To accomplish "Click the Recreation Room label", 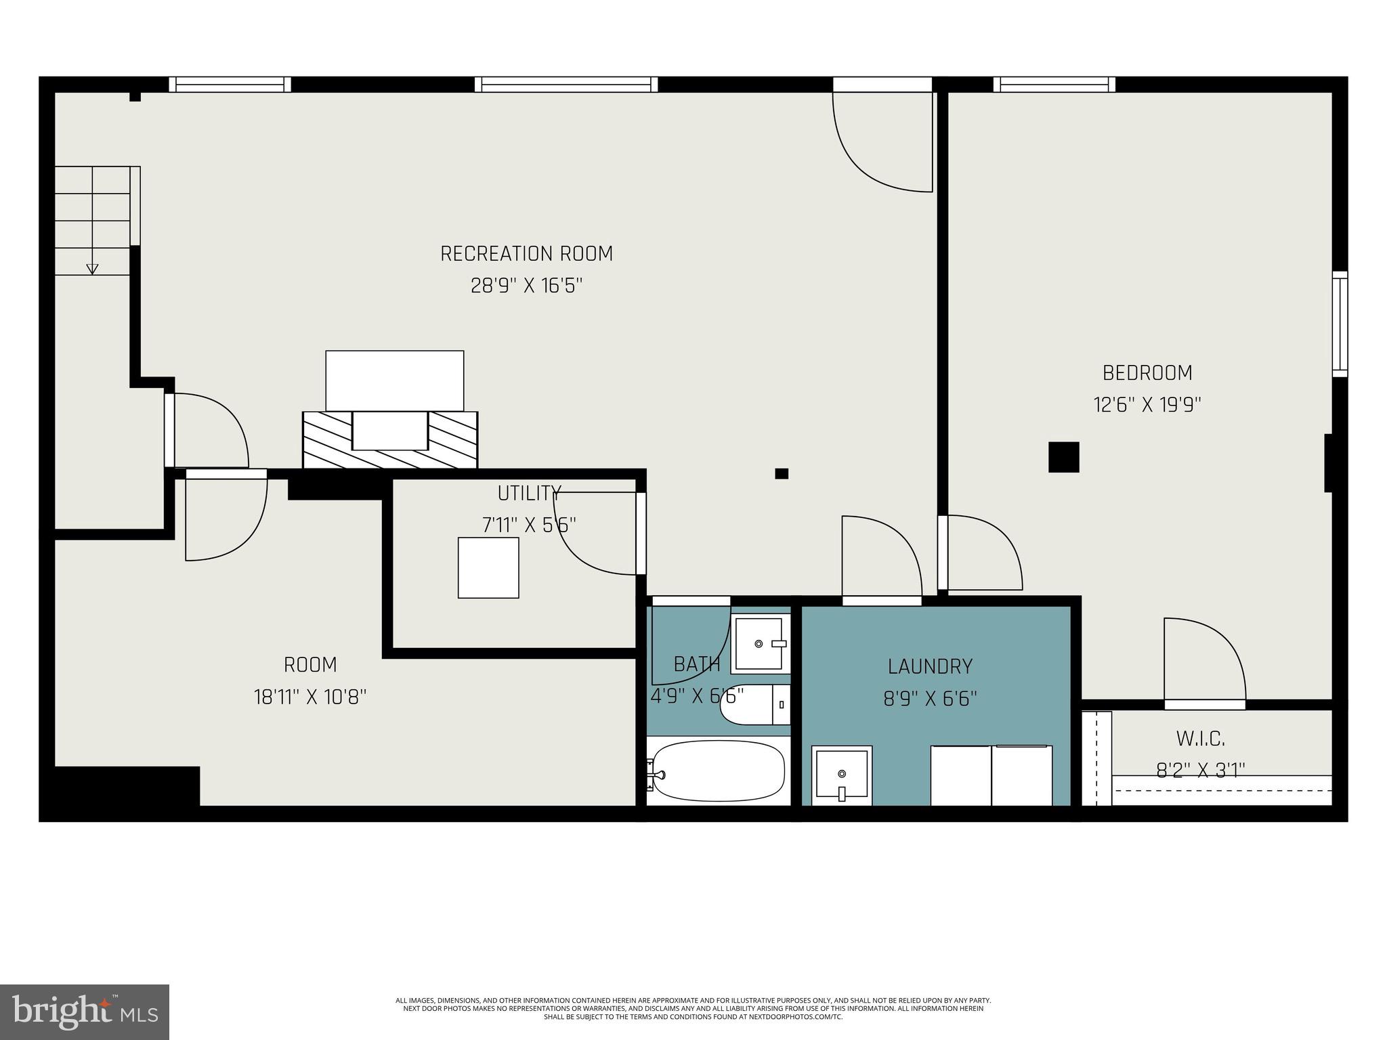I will click(526, 254).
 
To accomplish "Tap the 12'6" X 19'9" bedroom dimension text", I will click(1147, 405).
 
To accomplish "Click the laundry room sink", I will click(842, 775).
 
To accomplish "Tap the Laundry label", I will click(930, 666).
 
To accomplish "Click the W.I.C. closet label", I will click(1200, 738).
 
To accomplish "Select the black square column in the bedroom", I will click(1063, 457).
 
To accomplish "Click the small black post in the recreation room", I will click(782, 473).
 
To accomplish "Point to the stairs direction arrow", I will click(92, 268).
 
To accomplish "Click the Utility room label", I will click(529, 493).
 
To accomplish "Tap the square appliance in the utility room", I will click(488, 567).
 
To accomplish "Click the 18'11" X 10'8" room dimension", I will click(310, 697).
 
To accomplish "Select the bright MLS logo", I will click(85, 1012).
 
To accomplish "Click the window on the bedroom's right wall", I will click(1340, 324).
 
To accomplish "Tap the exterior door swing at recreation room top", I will click(880, 142).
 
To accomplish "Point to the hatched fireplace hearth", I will click(390, 440).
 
